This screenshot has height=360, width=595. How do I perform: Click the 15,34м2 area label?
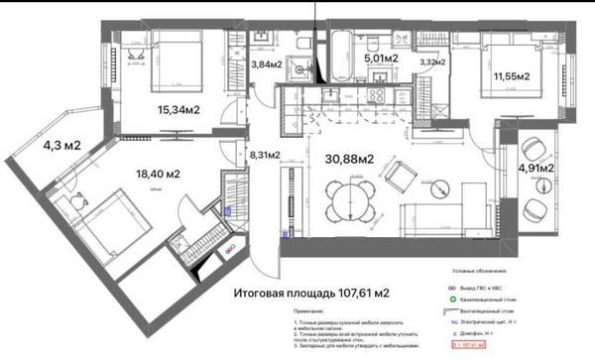[x=178, y=110]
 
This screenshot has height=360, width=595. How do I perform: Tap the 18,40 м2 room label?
[x=159, y=174]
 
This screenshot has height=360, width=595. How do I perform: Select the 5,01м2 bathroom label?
[x=382, y=59]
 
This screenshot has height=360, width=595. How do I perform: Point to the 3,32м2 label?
[x=434, y=64]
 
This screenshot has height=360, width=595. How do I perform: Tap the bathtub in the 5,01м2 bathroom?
[x=338, y=50]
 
